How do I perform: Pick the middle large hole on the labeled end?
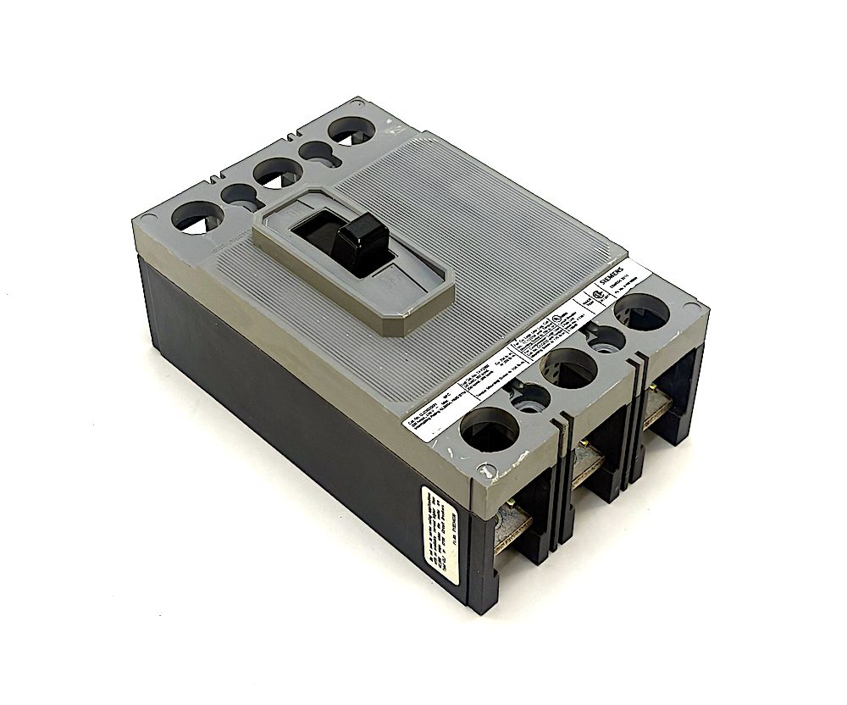click(x=567, y=368)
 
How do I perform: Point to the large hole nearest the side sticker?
click(x=489, y=430)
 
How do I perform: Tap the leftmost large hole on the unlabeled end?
click(x=197, y=217)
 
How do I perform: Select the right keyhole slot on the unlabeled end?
click(x=315, y=153)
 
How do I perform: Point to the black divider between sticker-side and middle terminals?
click(x=563, y=491)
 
